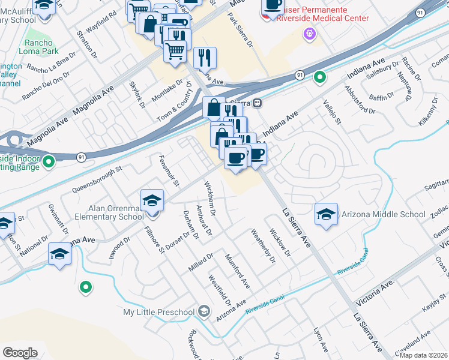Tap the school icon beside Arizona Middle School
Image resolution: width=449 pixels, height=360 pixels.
click(x=326, y=214)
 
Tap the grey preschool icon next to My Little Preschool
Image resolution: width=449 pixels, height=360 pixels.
click(x=204, y=311)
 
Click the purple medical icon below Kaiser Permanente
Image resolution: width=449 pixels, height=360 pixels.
click(x=310, y=34)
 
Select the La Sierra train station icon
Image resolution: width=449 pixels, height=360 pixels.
click(x=257, y=103)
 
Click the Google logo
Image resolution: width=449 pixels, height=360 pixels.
click(x=20, y=353)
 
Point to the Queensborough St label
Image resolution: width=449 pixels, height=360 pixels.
click(x=97, y=179)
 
